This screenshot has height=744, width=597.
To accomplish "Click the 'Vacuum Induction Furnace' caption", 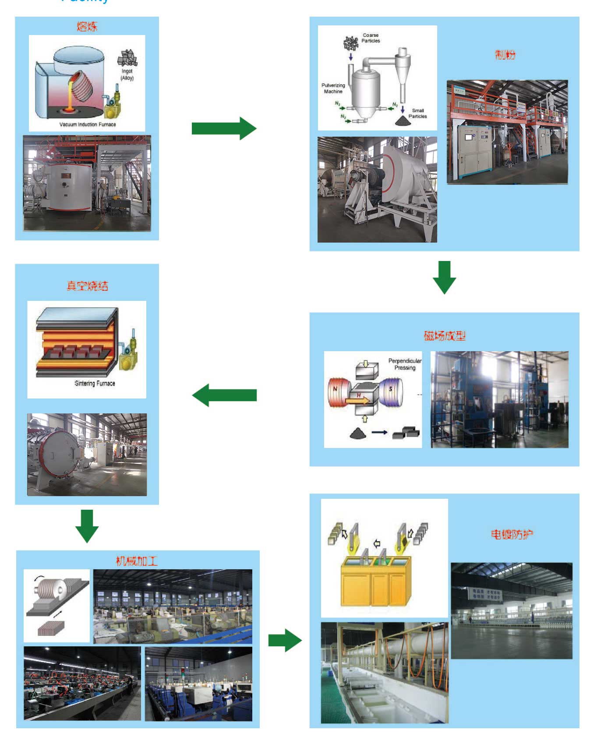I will tap(88, 124).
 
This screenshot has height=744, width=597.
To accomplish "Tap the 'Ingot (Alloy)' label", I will tap(127, 74).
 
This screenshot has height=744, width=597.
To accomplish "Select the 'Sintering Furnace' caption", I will tap(95, 383).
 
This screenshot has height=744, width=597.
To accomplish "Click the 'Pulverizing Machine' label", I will tap(333, 88).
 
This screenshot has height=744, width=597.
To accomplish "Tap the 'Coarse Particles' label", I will tap(371, 38).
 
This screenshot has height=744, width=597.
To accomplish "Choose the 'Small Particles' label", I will tap(418, 113).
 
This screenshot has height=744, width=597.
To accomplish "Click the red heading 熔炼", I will tap(87, 27).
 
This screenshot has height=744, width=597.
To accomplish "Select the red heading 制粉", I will tap(505, 55).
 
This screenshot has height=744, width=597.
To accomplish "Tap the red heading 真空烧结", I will tap(87, 286).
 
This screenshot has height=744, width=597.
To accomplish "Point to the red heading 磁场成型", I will tap(445, 336).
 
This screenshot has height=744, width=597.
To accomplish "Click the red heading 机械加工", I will tap(137, 561).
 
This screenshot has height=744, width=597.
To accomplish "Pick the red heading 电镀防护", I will tap(512, 534).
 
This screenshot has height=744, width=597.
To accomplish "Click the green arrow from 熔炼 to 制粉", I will tap(224, 128).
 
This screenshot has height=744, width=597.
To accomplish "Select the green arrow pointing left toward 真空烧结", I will tap(224, 395).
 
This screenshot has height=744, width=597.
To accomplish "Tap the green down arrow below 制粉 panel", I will tap(444, 277).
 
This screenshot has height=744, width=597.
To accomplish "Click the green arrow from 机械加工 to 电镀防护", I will tap(285, 640).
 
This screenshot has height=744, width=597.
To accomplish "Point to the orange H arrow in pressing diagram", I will tap(357, 400).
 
